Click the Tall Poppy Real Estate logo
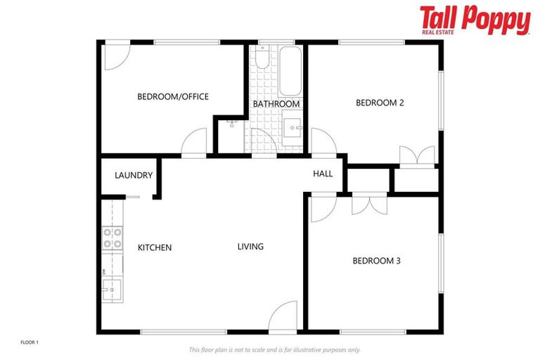tap(475, 20)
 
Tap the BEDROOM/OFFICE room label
tap(172, 96)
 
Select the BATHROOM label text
tap(276, 104)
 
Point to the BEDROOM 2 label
tap(380, 103)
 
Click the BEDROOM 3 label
tap(376, 261)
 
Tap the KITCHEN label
tap(155, 247)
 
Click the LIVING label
tap(250, 247)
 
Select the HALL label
tap(323, 174)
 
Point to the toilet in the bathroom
tap(261, 59)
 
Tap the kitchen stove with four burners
tap(112, 238)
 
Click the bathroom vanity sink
tap(293, 129)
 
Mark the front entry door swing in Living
tap(282, 316)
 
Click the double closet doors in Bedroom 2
tap(409, 155)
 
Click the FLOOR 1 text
tap(30, 342)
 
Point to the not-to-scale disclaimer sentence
tap(274, 349)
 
